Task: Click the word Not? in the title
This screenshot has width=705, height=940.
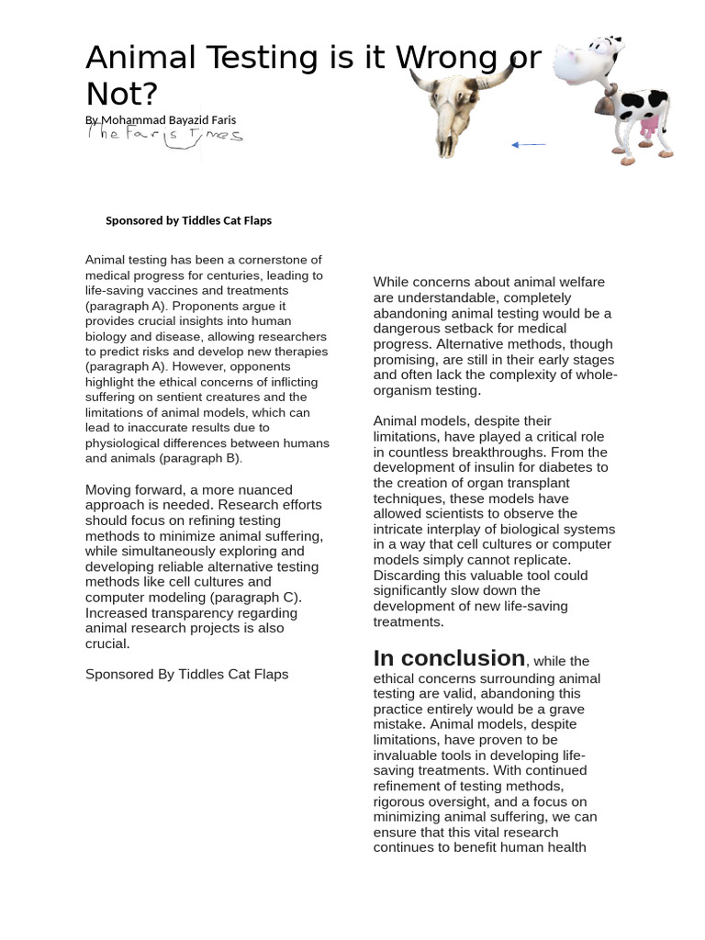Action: click(121, 94)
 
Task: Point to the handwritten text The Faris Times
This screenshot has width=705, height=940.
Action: click(165, 136)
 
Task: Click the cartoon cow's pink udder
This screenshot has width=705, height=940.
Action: click(648, 129)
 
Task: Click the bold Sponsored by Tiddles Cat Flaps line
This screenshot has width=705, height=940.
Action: click(188, 220)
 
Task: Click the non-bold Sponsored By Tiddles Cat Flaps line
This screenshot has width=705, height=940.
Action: click(186, 674)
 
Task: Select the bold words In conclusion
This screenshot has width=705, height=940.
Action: click(449, 658)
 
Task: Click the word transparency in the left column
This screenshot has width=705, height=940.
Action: click(197, 612)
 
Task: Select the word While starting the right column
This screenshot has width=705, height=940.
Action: click(392, 282)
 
